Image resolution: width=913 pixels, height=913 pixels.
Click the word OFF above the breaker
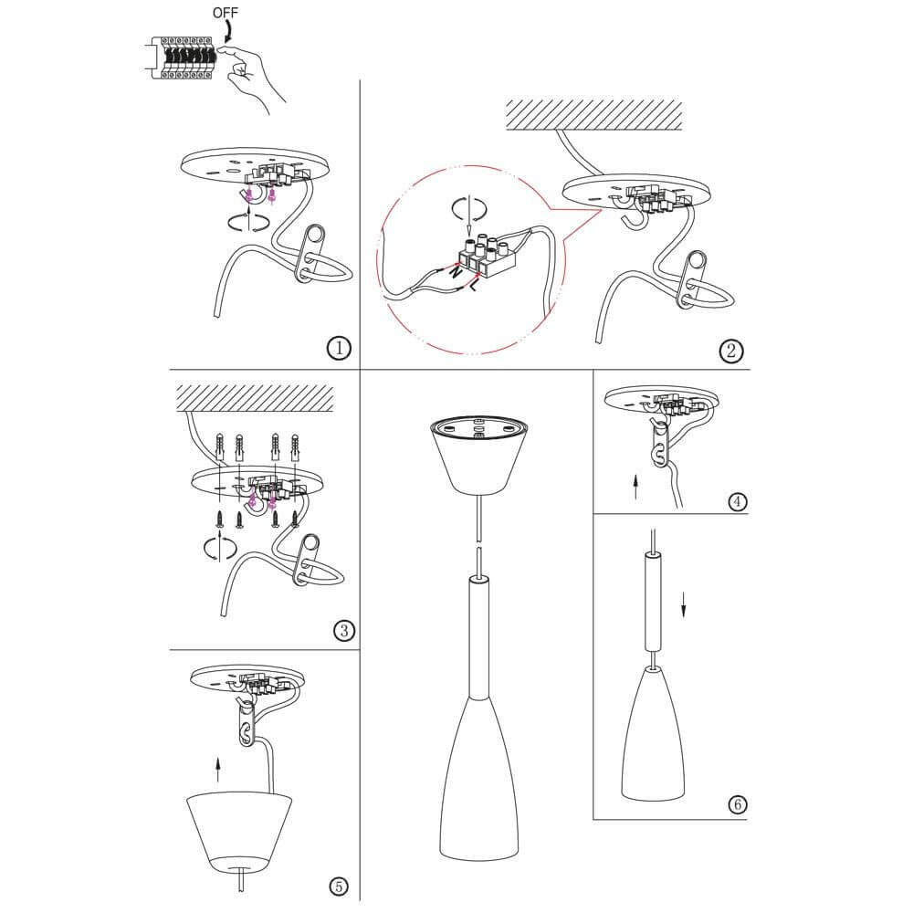point(226,12)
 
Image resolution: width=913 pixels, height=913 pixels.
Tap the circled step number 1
point(339,349)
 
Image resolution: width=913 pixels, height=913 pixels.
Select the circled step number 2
point(731,352)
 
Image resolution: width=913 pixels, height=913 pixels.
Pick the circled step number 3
point(343,631)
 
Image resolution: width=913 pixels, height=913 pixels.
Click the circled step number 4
point(737,501)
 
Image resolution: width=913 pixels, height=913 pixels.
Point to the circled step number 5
point(339,887)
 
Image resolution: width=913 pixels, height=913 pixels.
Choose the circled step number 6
point(737,805)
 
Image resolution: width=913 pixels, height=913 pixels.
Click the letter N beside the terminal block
point(456,271)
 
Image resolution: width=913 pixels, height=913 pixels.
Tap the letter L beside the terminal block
point(474,285)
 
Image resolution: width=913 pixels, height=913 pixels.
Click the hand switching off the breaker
point(253,75)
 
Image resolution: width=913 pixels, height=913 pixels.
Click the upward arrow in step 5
point(218,770)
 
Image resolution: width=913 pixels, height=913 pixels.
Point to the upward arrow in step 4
point(635,487)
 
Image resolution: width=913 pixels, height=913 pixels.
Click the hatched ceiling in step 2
point(594,115)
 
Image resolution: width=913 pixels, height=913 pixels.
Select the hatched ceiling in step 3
point(255,398)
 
